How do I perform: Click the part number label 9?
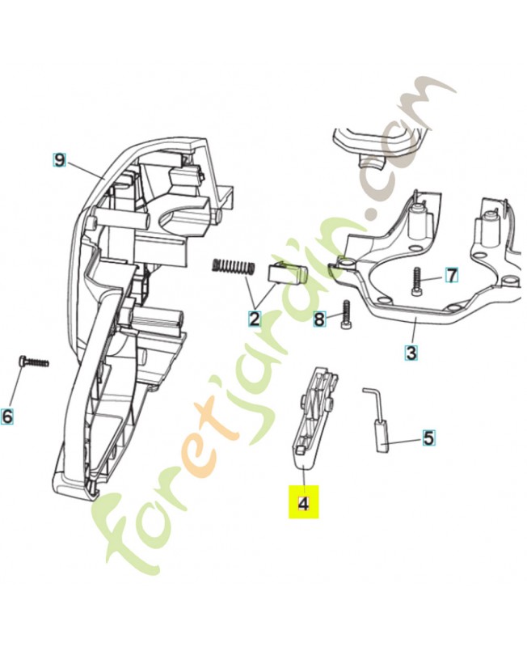click(59, 159)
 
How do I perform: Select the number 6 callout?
click(7, 416)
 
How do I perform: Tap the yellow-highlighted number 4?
click(303, 502)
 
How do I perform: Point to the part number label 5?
click(429, 438)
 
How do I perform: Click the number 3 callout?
click(411, 353)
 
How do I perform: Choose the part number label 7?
click(452, 275)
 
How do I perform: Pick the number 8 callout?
click(319, 319)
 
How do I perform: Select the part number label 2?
click(255, 319)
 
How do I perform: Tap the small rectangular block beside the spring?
click(289, 273)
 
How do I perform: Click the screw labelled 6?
click(34, 361)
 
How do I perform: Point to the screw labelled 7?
click(418, 281)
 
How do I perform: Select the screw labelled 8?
click(346, 314)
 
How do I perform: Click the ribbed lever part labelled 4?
click(315, 417)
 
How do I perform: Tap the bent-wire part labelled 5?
click(377, 419)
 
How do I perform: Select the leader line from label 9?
click(85, 170)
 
